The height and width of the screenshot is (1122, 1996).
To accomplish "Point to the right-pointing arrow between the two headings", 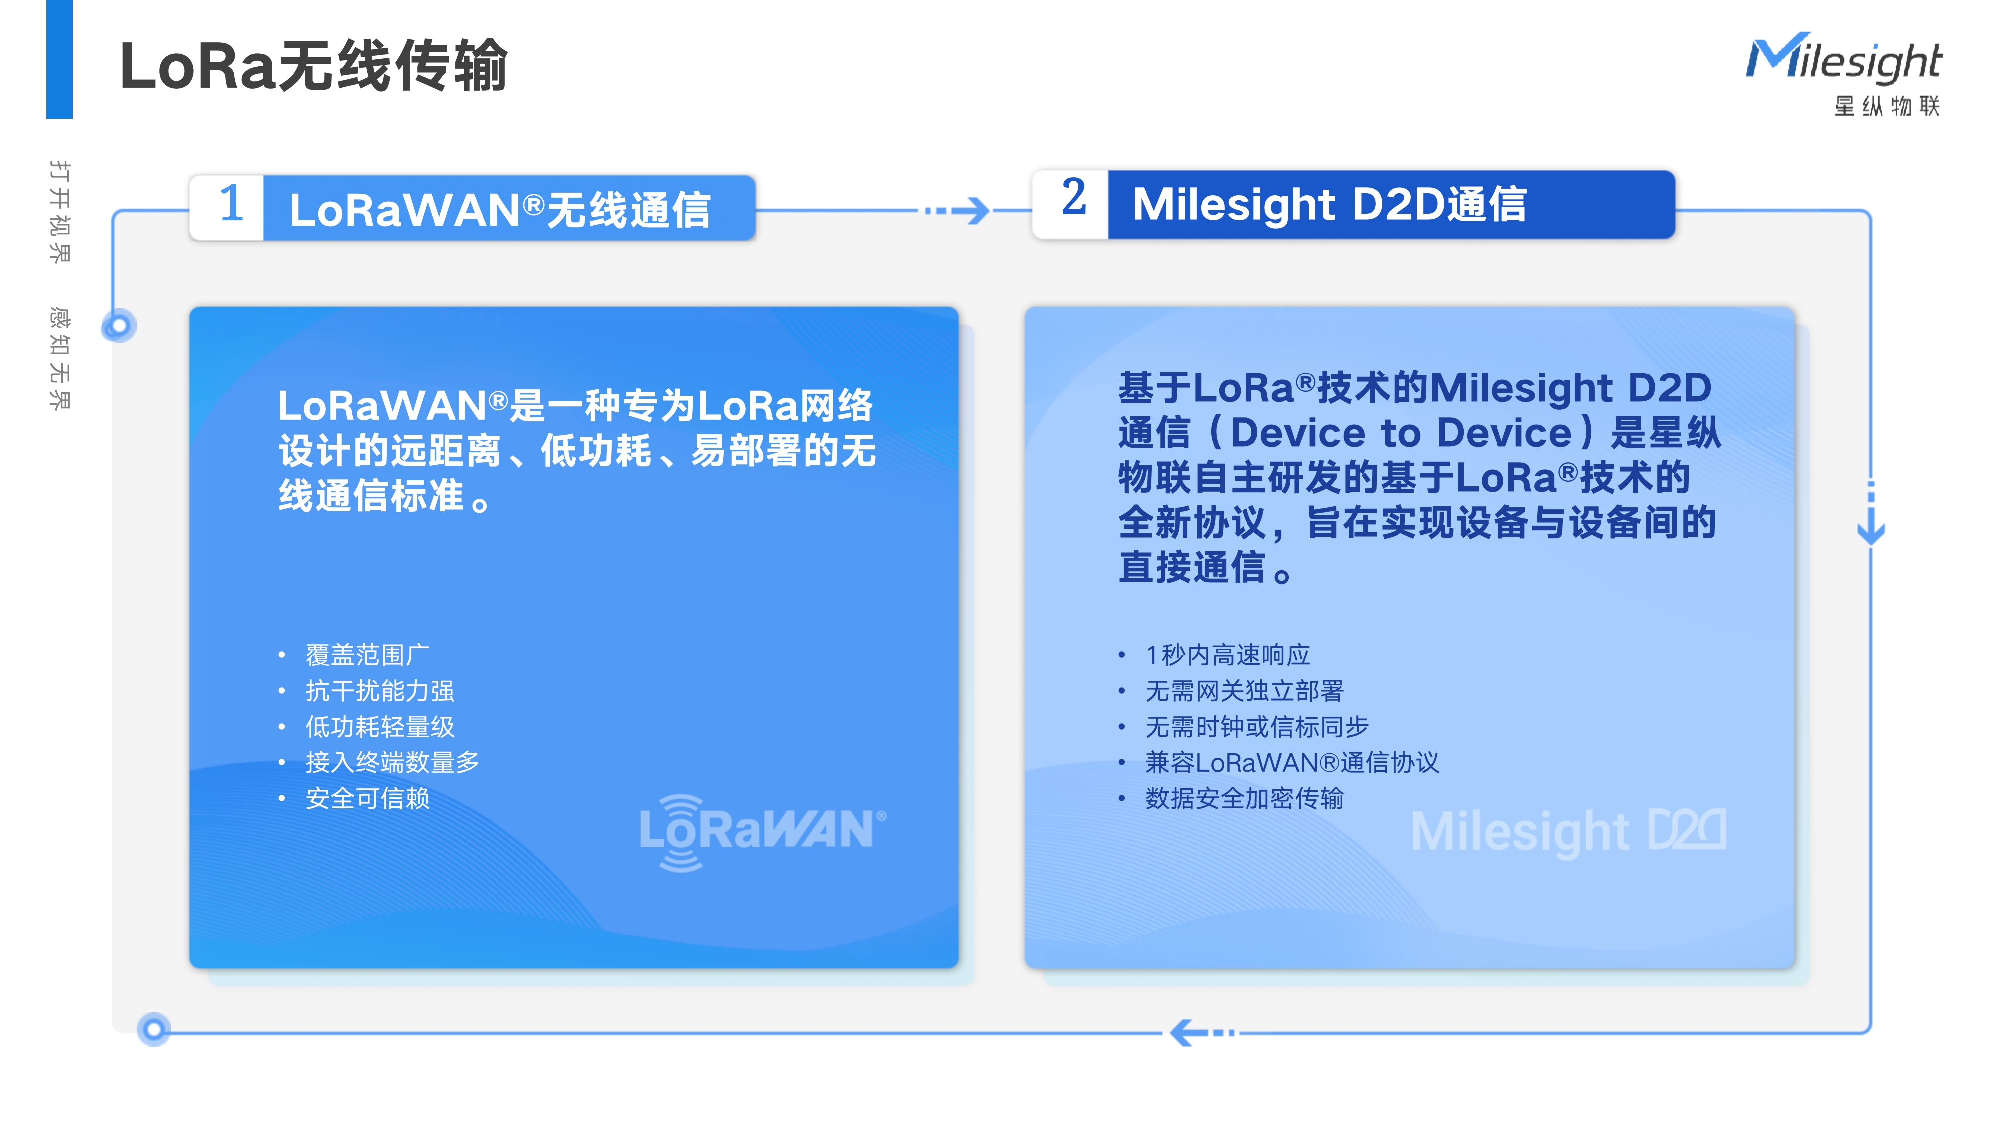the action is [x=957, y=210].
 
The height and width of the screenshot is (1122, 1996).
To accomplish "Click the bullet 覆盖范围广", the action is [x=367, y=655].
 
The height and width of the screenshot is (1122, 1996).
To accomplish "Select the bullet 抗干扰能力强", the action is [x=380, y=691].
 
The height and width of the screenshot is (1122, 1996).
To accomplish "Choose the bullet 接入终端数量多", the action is [x=392, y=763].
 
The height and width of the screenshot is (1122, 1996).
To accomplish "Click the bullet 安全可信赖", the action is [x=367, y=798].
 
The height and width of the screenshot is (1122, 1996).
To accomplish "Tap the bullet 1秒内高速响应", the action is [x=1228, y=655].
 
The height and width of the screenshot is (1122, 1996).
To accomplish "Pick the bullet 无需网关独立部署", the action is [x=1245, y=691].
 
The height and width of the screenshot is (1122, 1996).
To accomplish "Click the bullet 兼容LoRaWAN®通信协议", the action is [x=1292, y=763].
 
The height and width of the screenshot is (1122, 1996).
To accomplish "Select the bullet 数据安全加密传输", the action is [x=1245, y=798].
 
